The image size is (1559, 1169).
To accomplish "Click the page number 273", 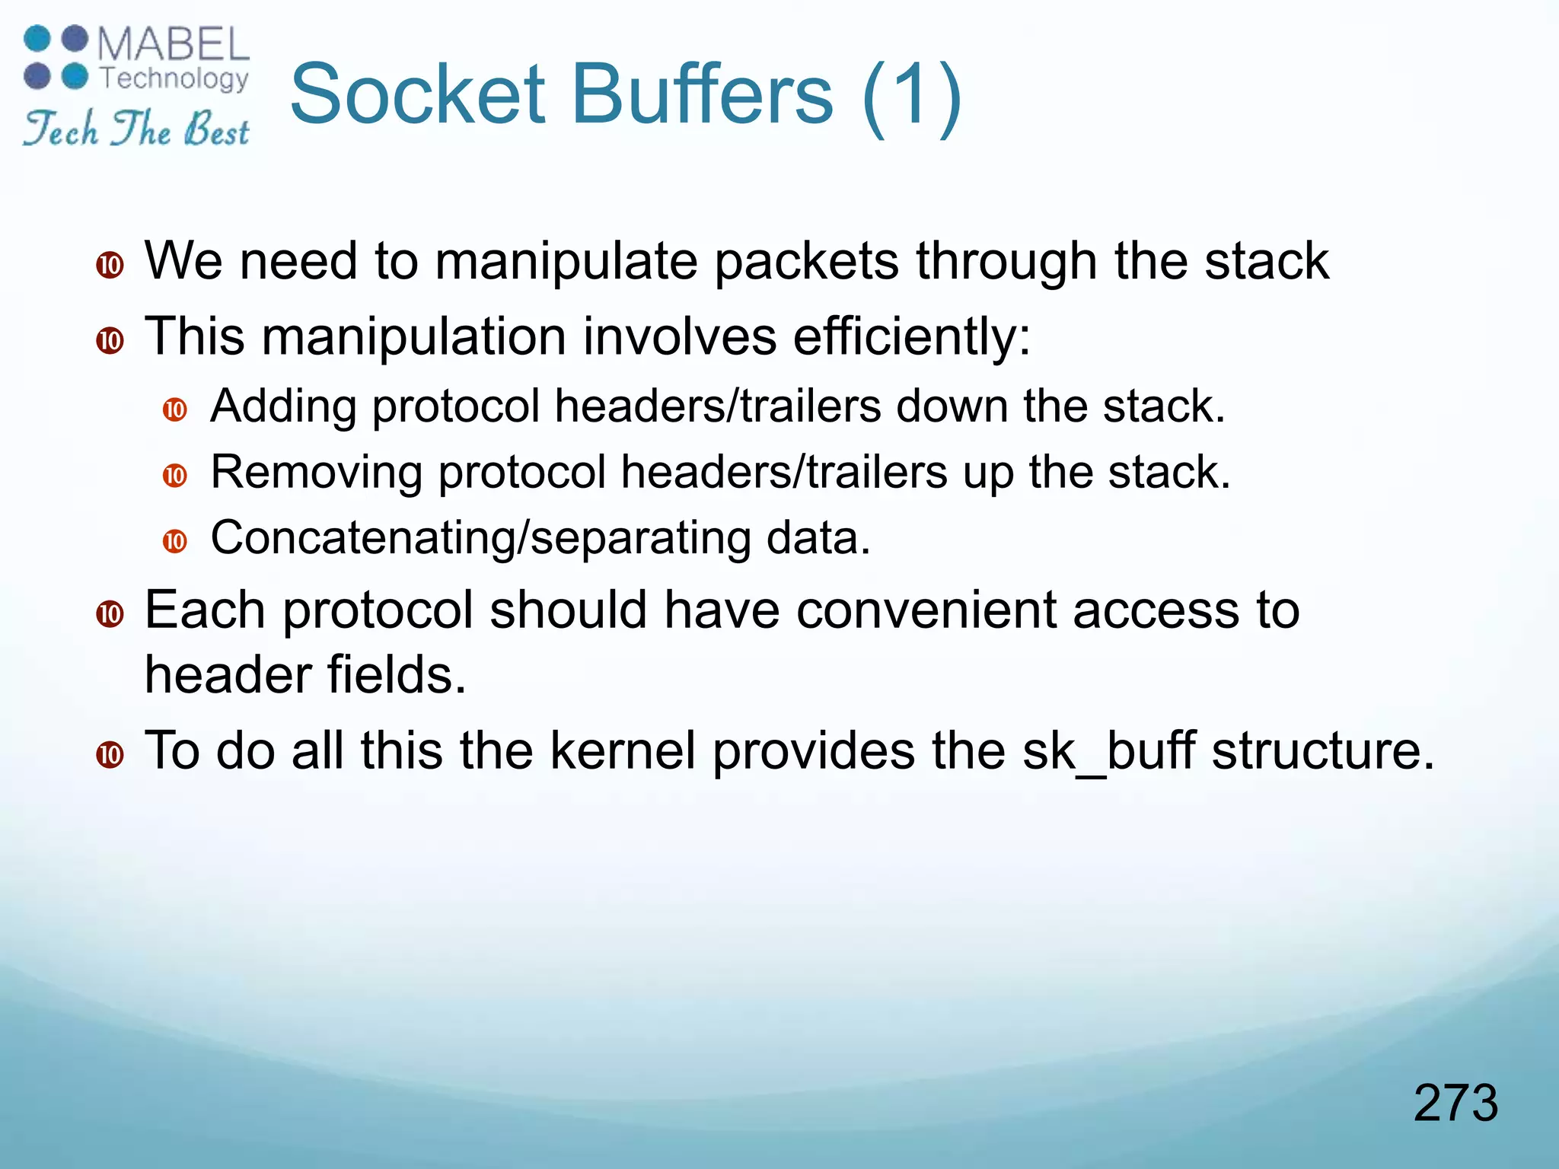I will tap(1455, 1103).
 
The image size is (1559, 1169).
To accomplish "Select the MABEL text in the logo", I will tap(174, 45).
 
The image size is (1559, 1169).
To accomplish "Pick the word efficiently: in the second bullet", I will tap(911, 336).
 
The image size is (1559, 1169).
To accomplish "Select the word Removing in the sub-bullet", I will tap(316, 472).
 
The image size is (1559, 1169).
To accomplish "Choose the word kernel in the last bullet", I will tap(623, 751).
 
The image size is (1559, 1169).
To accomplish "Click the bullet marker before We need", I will tap(110, 266).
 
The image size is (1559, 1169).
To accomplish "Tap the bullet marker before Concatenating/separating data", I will tap(175, 542).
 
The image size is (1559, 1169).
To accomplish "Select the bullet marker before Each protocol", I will tap(110, 614).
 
